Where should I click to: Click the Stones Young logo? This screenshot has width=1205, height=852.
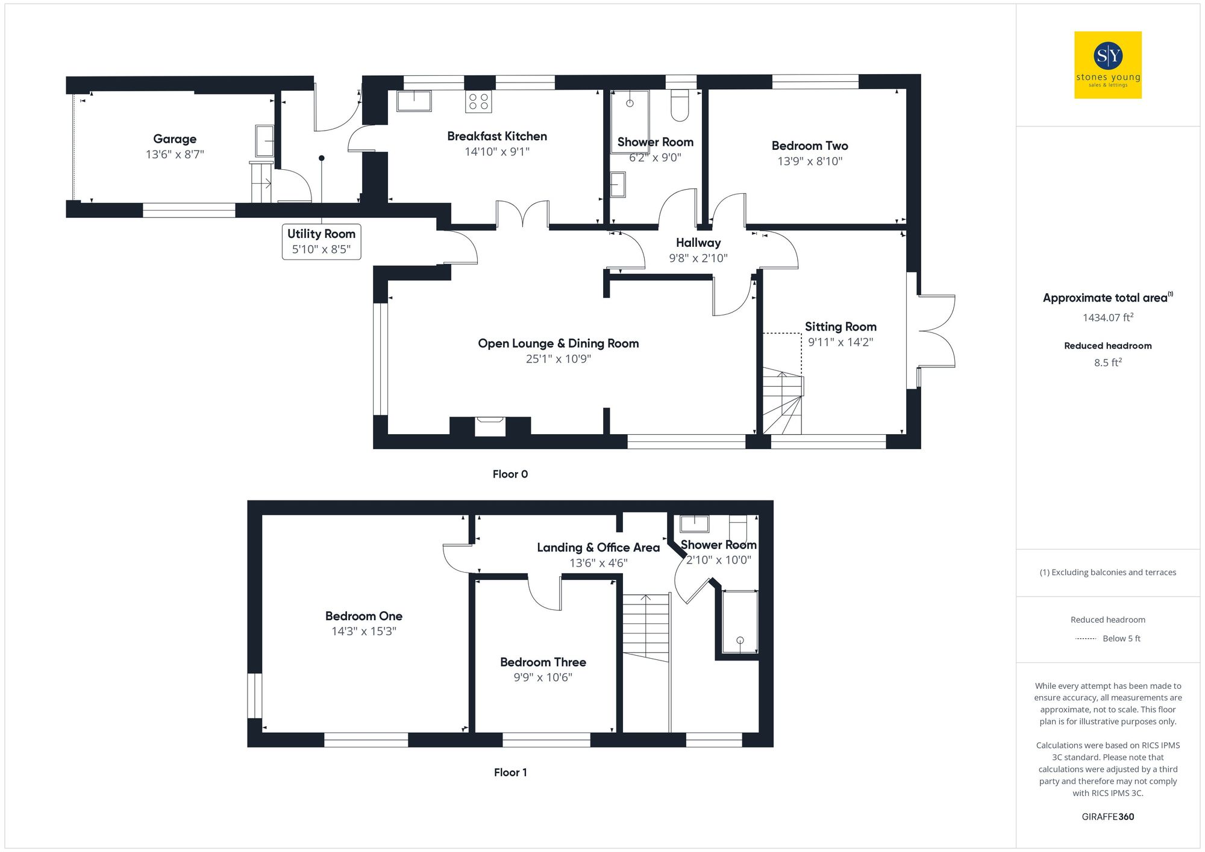1107,65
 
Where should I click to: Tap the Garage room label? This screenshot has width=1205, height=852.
175,139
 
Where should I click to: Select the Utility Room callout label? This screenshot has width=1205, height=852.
321,241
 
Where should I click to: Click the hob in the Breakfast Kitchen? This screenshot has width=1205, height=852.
478,102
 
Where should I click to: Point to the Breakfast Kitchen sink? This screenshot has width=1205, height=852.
414,101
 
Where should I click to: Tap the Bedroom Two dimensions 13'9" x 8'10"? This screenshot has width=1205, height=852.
810,161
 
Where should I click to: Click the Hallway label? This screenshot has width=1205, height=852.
698,243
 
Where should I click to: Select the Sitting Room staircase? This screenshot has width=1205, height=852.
783,402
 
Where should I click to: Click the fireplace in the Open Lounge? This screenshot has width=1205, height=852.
490,426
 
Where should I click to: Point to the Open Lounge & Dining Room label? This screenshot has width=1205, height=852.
558,343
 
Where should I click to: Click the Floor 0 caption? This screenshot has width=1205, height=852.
510,474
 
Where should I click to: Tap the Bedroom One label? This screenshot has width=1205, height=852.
363,616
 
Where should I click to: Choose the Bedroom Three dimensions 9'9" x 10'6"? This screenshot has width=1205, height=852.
543,677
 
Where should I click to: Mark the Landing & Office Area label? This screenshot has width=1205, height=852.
598,547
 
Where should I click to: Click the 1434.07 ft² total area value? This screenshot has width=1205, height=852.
1107,317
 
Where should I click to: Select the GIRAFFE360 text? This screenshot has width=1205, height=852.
1107,817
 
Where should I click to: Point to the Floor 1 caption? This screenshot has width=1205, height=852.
510,773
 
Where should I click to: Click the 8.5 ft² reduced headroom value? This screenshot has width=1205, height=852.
1107,362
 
